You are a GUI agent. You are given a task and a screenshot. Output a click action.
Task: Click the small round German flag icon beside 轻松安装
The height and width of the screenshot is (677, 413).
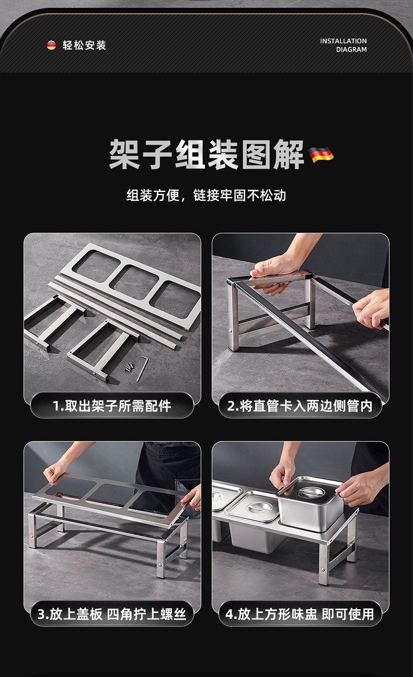tap(51, 45)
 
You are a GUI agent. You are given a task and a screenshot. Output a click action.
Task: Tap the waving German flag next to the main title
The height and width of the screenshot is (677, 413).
tap(321, 154)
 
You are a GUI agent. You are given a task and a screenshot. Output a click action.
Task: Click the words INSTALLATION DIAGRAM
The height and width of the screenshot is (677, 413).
tap(343, 45)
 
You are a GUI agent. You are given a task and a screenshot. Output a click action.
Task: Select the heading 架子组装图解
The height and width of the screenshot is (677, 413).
tap(206, 155)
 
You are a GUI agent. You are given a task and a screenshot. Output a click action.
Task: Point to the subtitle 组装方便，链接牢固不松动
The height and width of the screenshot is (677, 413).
tap(206, 195)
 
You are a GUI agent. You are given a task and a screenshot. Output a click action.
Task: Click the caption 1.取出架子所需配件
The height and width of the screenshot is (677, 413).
tap(112, 406)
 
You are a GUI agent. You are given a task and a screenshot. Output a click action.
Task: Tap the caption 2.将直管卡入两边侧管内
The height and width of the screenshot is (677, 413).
tap(300, 406)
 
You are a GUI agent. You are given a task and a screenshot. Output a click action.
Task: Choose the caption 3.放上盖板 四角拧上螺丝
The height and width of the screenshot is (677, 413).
tap(112, 614)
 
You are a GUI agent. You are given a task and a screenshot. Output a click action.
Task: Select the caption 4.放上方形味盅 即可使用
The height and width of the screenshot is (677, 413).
tap(300, 614)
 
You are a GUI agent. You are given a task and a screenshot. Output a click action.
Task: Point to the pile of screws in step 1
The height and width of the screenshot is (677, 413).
tap(130, 366)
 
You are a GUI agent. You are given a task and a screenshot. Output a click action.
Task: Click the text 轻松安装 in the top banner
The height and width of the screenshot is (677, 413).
tap(84, 45)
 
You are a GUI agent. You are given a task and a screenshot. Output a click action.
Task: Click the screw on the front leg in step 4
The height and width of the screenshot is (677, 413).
tap(324, 569)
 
